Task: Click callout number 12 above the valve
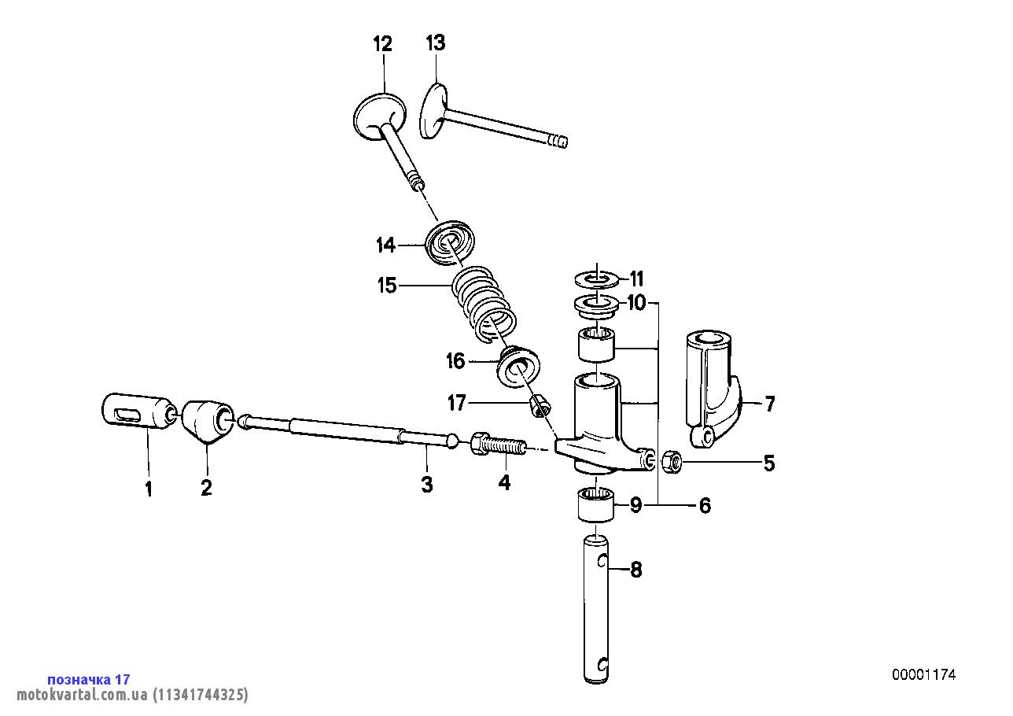tap(382, 44)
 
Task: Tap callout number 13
tap(436, 43)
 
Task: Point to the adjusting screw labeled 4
tap(499, 446)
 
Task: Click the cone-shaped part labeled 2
tap(206, 422)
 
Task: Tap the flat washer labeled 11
tap(598, 279)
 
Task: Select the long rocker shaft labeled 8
tap(598, 606)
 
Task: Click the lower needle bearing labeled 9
tap(596, 504)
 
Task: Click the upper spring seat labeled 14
tap(449, 241)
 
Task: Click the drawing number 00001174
tap(923, 674)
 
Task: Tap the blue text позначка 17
tap(89, 679)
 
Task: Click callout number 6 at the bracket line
tap(705, 506)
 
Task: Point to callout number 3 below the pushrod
tap(427, 485)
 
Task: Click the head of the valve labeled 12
tap(380, 115)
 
